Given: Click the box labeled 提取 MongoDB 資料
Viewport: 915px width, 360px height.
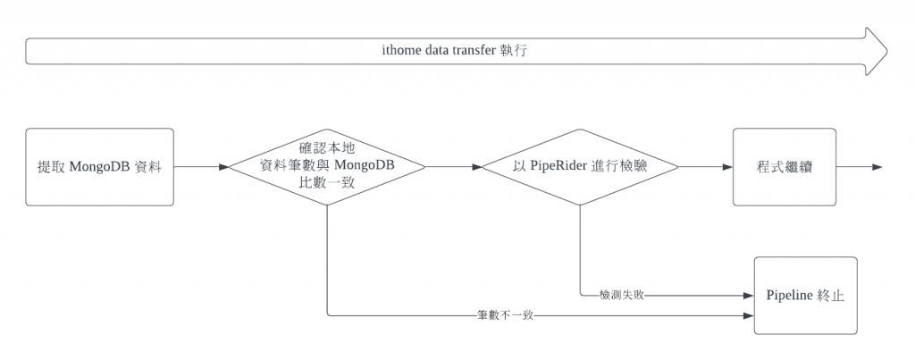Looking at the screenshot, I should [99, 167].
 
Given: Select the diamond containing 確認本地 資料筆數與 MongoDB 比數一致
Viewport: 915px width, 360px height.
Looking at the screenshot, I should [327, 167].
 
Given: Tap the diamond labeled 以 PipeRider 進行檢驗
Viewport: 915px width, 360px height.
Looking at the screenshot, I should [580, 167].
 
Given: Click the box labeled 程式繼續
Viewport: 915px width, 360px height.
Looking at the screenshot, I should [785, 167].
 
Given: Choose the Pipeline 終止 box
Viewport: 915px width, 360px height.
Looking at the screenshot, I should [805, 296].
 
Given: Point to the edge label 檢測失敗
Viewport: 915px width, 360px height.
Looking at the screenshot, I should [622, 295].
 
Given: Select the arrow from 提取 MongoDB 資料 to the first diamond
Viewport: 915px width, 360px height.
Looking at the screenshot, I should [201, 167].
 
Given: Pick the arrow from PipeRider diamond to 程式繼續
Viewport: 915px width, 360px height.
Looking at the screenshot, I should [706, 167].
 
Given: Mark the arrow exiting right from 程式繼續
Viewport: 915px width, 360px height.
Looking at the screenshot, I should [860, 167].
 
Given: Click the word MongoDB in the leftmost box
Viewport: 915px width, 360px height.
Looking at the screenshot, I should [99, 167].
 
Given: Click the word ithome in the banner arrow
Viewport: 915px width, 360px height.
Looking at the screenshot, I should [399, 51].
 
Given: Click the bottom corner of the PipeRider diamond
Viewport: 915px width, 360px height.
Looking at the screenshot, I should [580, 205].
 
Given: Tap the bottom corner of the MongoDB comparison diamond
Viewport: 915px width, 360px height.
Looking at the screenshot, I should [327, 205].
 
